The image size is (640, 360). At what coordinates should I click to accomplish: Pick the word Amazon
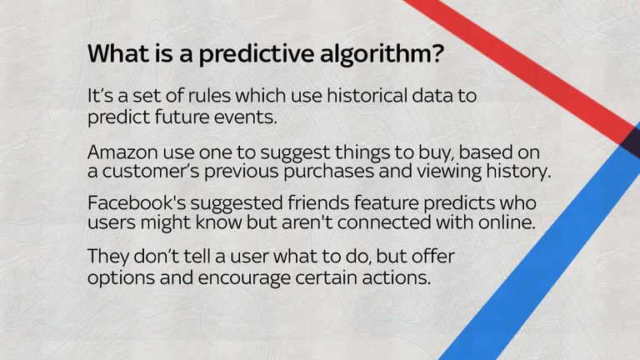click(x=122, y=152)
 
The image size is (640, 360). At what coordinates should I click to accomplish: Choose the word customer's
click(x=151, y=172)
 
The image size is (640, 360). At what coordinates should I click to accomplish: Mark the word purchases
click(x=328, y=172)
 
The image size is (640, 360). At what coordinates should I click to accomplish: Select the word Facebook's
click(x=139, y=202)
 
